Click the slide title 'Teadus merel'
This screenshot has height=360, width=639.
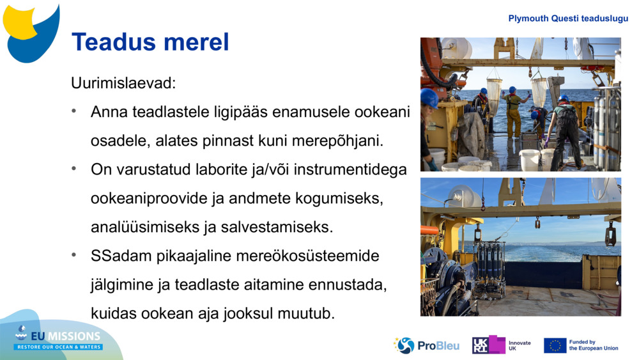coord(150,42)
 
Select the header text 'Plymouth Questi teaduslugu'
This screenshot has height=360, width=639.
coord(568,19)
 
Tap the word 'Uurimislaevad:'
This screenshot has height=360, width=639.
coord(123,83)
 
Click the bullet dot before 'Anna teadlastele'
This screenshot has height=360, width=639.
coord(75,111)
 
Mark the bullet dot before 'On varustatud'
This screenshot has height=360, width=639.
coord(75,169)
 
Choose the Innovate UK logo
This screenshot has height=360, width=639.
coord(501,345)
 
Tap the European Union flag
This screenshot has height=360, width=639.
coord(555,345)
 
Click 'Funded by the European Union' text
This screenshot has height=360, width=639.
coord(594,345)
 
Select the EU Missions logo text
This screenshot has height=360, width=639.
coord(59,340)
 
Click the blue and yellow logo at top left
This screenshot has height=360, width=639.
coord(31,32)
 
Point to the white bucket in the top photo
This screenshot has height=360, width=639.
coord(530,159)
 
